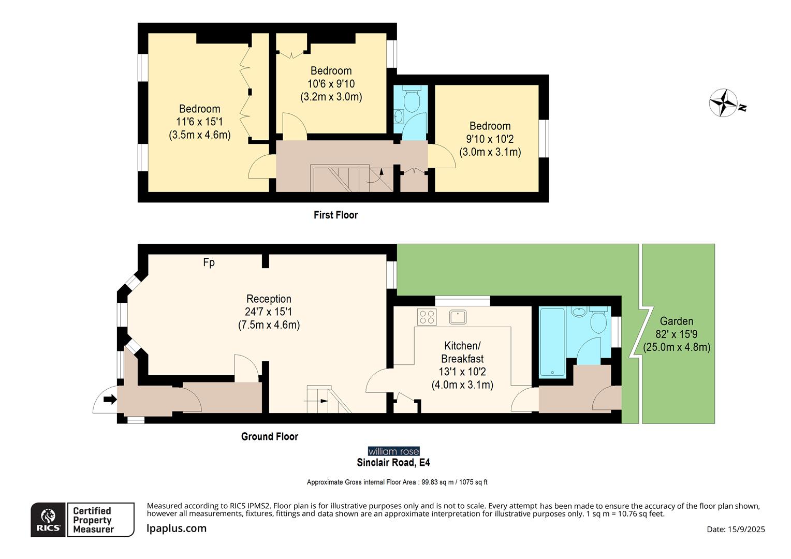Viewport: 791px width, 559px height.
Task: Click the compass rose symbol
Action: pyautogui.click(x=723, y=102)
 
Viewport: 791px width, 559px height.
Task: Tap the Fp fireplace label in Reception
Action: pyautogui.click(x=209, y=263)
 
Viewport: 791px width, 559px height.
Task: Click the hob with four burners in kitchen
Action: pyautogui.click(x=427, y=317)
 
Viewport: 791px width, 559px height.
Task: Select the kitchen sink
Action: pyautogui.click(x=458, y=317)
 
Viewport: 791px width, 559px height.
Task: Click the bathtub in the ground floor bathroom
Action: pyautogui.click(x=552, y=342)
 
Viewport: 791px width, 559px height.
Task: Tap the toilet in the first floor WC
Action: pyautogui.click(x=412, y=101)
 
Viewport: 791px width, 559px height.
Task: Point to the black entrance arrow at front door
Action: pyautogui.click(x=110, y=399)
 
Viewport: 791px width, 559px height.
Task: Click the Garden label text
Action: pyautogui.click(x=676, y=321)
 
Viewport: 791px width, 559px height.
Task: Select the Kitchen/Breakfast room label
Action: pyautogui.click(x=462, y=352)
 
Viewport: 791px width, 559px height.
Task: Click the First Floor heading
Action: pyautogui.click(x=335, y=215)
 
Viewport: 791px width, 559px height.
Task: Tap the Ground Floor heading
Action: pyautogui.click(x=269, y=436)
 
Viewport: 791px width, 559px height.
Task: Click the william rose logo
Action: pyautogui.click(x=393, y=451)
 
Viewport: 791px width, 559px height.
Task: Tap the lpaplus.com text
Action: pyautogui.click(x=177, y=528)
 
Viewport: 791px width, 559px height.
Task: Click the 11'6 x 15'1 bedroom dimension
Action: pyautogui.click(x=199, y=122)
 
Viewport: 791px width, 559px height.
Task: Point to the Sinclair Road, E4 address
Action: pyautogui.click(x=393, y=462)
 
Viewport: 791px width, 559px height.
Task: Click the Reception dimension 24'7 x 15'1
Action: pyautogui.click(x=269, y=312)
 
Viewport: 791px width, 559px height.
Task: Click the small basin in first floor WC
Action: pyautogui.click(x=398, y=115)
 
